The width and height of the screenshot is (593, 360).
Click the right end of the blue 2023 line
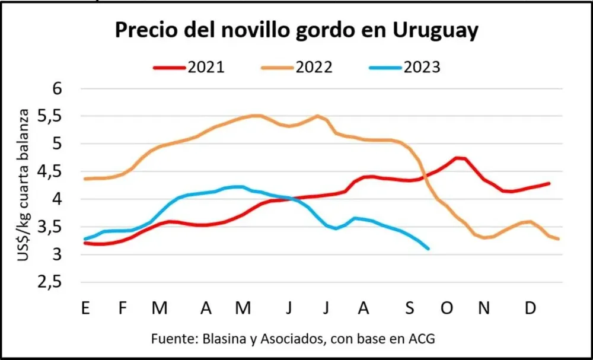[428, 249]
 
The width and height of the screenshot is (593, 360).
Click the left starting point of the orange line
[85, 179]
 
